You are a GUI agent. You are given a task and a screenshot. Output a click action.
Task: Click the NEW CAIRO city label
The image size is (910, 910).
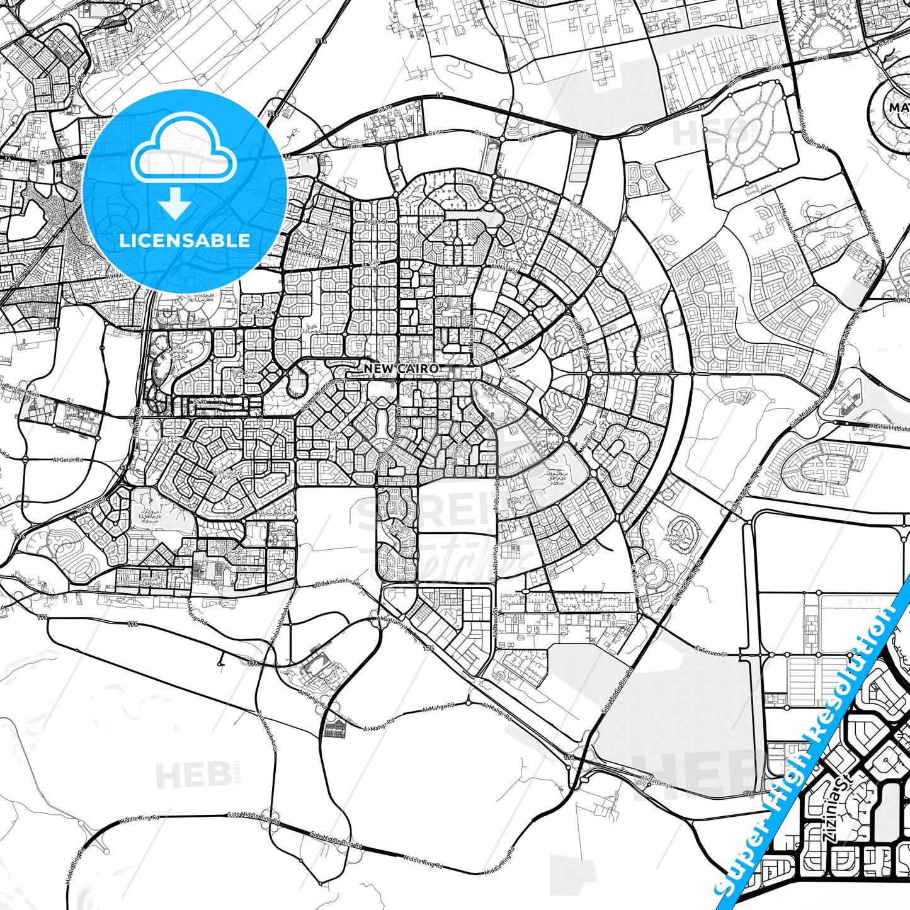[x=401, y=368]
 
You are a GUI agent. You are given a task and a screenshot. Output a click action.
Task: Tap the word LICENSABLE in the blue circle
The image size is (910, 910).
[x=185, y=240]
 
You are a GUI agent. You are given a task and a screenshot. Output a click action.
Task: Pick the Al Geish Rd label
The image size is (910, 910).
[x=69, y=460]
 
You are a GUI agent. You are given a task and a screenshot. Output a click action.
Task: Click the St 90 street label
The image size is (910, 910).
[x=200, y=401]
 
